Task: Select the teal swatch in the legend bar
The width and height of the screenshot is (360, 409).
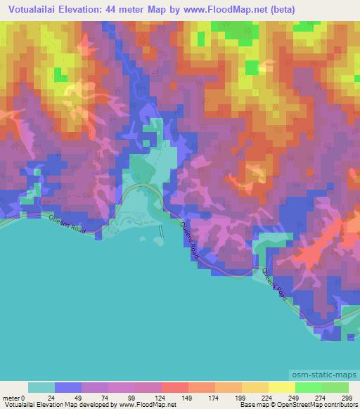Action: [x=41, y=387]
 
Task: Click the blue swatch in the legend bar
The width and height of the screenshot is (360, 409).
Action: [x=68, y=387]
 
